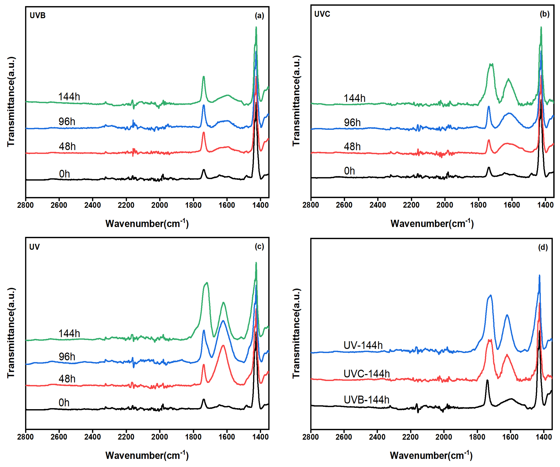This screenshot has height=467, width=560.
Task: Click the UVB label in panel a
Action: click(38, 16)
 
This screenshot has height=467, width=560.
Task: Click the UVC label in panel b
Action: click(322, 14)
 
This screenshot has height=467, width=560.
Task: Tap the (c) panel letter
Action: click(259, 246)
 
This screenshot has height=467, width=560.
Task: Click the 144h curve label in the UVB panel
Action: click(69, 96)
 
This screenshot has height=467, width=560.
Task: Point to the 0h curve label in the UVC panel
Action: click(349, 171)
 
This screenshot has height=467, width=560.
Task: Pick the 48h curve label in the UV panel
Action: click(67, 379)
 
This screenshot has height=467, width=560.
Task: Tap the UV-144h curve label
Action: click(363, 345)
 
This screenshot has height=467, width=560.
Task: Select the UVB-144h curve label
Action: click(366, 400)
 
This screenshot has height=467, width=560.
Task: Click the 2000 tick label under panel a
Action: click(159, 205)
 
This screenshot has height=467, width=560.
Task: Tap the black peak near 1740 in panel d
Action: click(487, 380)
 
